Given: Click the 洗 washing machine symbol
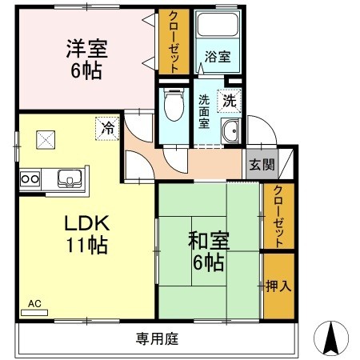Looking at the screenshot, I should (229, 101).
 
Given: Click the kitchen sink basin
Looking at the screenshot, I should (66, 178).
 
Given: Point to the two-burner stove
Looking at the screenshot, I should (30, 178).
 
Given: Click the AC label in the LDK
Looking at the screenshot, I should (34, 304).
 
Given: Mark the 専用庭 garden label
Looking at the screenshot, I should (157, 339).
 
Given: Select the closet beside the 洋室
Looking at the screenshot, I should (171, 42).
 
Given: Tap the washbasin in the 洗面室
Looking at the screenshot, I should (231, 134).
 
